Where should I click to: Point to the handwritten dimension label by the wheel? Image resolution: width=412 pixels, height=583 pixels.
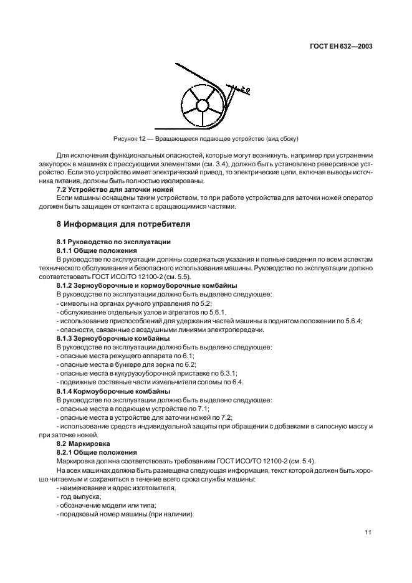click(x=241, y=90)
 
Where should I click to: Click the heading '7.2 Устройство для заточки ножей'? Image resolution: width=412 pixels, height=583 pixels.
click(x=110, y=188)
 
